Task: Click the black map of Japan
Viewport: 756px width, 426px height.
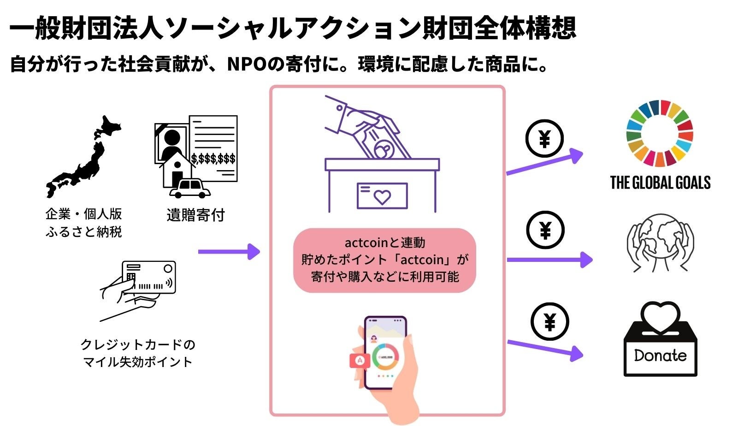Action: (x=83, y=159)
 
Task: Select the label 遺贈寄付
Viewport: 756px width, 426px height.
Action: (x=195, y=215)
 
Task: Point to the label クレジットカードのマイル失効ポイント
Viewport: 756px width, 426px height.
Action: (x=137, y=353)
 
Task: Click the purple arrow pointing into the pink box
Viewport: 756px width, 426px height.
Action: (x=229, y=252)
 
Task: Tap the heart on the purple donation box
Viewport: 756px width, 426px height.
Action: (x=382, y=196)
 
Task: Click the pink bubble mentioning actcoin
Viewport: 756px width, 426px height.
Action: (x=384, y=260)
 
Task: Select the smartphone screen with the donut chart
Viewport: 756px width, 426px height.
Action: (x=385, y=353)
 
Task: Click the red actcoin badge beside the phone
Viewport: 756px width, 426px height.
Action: (x=360, y=361)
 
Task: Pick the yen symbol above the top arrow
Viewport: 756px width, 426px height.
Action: (x=544, y=139)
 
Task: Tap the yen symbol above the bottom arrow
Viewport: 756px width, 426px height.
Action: (x=549, y=322)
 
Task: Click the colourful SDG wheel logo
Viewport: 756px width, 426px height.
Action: (x=660, y=134)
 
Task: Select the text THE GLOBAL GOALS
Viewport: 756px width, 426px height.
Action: (x=660, y=183)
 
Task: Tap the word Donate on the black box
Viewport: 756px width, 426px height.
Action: (x=660, y=355)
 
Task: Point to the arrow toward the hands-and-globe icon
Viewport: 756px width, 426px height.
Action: (x=549, y=260)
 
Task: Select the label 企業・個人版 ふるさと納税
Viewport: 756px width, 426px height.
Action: (x=83, y=223)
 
